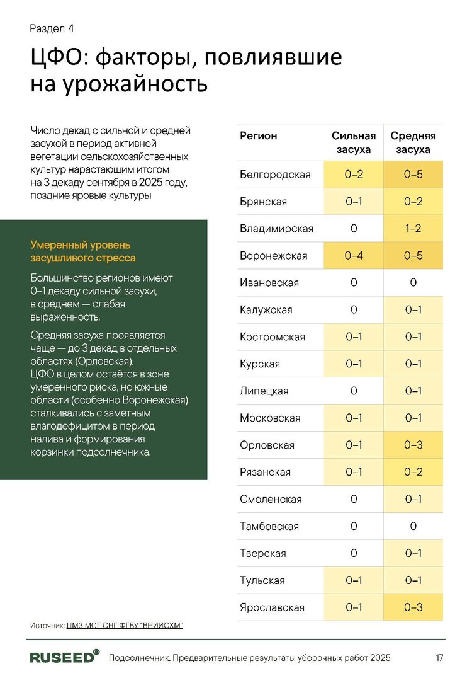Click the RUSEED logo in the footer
(65, 657)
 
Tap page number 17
(439, 658)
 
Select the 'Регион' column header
(258, 135)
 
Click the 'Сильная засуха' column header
(354, 143)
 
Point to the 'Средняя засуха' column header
(413, 143)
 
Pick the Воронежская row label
(273, 256)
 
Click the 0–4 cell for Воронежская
(354, 256)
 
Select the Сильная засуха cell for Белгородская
(354, 175)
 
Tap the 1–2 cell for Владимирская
(413, 229)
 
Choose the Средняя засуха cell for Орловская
(413, 445)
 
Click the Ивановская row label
(269, 283)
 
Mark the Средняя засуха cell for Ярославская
(413, 607)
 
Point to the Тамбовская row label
(269, 526)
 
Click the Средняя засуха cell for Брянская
(413, 202)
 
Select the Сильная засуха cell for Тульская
(354, 580)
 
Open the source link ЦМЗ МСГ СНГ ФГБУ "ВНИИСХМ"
(124, 625)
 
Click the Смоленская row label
(271, 499)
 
